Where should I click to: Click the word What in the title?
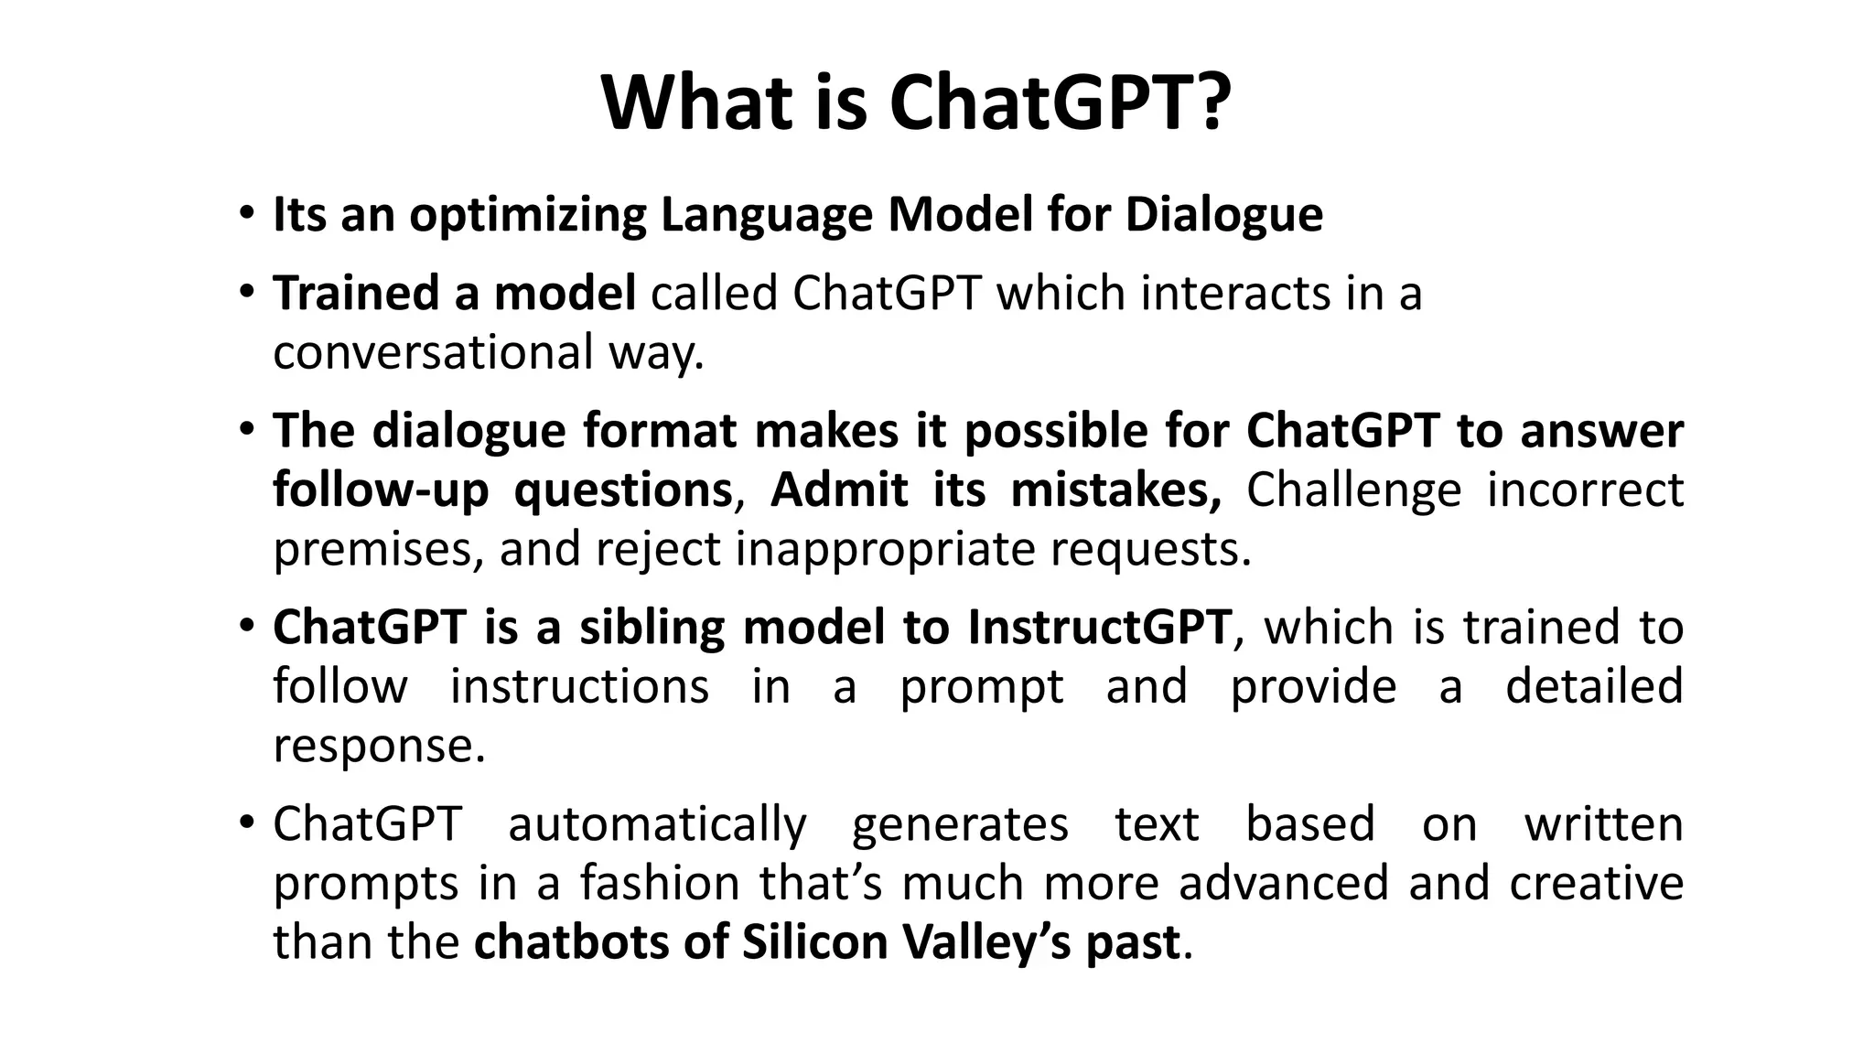pos(696,102)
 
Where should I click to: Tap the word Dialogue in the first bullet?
pos(1223,216)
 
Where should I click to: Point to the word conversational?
pos(433,352)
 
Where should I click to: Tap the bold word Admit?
pos(839,490)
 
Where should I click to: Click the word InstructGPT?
pos(1099,628)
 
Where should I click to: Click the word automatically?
pos(657,824)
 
